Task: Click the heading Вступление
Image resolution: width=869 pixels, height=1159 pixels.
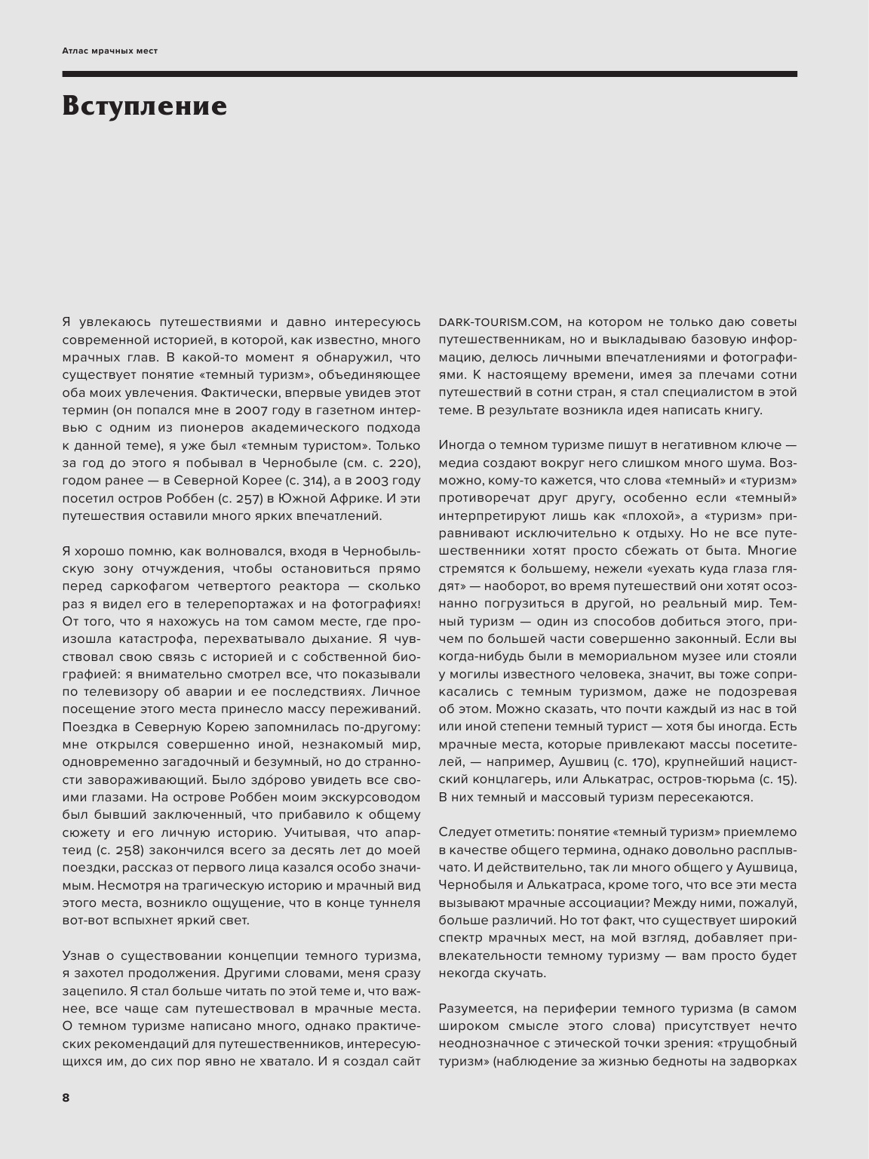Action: point(144,106)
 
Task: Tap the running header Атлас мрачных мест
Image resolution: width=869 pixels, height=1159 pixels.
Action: point(110,51)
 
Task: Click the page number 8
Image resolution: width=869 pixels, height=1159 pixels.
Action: point(66,1098)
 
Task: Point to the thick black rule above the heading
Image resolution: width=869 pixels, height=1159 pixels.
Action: point(429,74)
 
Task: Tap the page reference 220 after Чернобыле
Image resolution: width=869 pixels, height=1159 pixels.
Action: point(401,463)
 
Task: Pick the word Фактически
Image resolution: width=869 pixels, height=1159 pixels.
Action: point(240,392)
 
